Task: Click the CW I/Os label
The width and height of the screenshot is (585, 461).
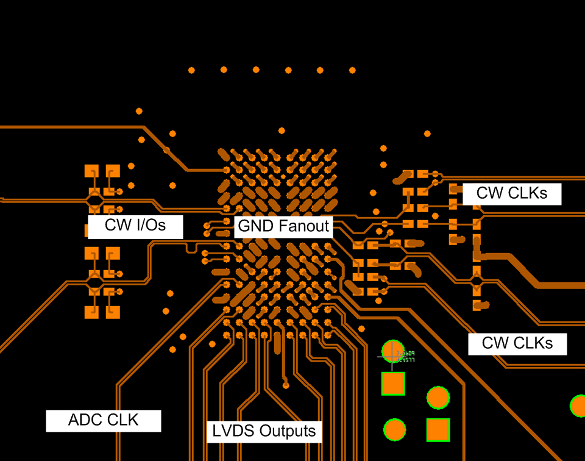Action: point(135,226)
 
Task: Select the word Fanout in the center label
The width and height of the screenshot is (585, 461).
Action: point(303,227)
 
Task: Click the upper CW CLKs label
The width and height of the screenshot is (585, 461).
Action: point(511,194)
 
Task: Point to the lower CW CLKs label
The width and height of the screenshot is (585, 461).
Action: point(517,343)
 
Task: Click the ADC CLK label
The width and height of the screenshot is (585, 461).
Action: point(103,420)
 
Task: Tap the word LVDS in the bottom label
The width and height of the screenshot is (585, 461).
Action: point(227,431)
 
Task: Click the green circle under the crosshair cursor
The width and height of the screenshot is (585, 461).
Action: point(393,351)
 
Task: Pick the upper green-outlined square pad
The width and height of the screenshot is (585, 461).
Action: point(393,384)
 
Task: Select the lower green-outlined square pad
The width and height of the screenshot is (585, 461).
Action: point(438,429)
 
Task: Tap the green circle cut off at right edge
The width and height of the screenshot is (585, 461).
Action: point(578,406)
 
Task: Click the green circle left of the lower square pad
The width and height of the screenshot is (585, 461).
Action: point(394,429)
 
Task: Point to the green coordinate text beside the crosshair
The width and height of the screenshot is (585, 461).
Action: point(405,356)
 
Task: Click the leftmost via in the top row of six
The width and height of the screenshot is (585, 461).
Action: point(191,71)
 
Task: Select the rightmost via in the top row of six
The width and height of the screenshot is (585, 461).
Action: point(352,71)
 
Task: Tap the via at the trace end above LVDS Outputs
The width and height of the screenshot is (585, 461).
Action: point(286,385)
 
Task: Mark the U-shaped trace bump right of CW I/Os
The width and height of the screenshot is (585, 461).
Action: point(191,248)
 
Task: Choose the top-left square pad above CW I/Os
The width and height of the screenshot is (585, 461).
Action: point(91,170)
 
